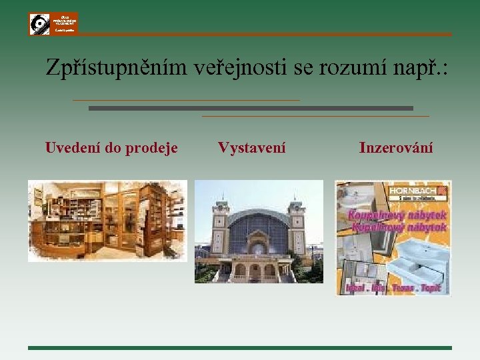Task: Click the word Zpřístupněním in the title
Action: tap(117, 67)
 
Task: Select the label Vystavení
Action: tap(251, 147)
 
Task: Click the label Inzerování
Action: tap(396, 147)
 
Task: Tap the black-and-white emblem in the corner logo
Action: tap(39, 25)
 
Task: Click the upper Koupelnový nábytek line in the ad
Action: tap(395, 215)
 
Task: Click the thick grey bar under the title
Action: tap(251, 108)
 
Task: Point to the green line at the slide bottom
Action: tap(240, 347)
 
